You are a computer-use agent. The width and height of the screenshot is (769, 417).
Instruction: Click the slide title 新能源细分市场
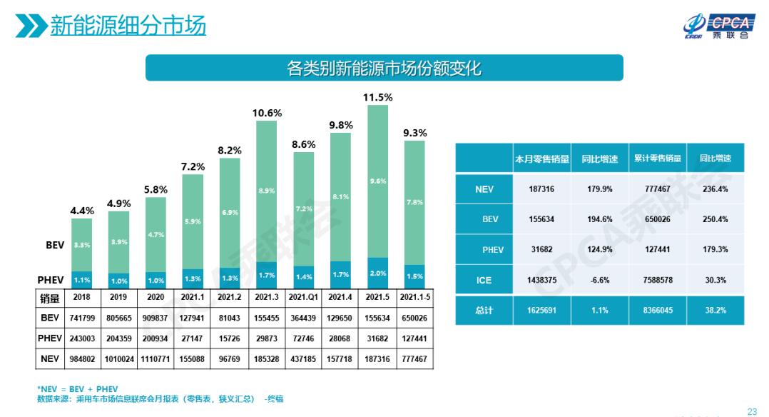(x=128, y=26)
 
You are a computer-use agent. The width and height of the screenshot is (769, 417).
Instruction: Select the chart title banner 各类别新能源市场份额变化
(x=384, y=68)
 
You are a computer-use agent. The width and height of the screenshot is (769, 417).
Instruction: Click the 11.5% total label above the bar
(x=377, y=97)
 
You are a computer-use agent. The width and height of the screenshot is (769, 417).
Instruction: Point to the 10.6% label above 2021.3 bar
(x=266, y=113)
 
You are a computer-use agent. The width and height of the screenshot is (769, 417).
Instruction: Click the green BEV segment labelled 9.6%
(x=377, y=181)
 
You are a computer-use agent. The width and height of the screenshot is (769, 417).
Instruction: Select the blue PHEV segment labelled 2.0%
(x=377, y=273)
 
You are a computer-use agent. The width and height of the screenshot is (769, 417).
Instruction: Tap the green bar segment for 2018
(x=81, y=244)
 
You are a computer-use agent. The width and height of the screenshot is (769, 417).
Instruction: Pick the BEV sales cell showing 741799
(x=81, y=318)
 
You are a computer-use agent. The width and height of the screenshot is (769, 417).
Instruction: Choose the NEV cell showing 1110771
(x=156, y=359)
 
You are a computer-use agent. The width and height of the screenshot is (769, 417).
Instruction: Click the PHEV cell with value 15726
(x=229, y=338)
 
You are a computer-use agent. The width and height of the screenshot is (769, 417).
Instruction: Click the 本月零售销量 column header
(x=542, y=159)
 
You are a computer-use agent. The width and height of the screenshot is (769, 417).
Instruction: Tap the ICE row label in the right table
(x=484, y=281)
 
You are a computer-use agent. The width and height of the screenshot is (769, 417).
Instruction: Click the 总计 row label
(x=484, y=311)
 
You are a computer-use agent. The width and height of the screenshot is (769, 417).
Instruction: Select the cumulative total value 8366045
(x=657, y=311)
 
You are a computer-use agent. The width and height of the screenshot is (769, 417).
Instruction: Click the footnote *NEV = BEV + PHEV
(x=78, y=389)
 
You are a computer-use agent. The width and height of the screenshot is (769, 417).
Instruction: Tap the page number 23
(x=751, y=411)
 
